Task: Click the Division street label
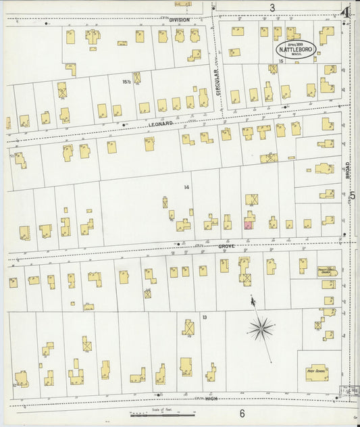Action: tap(180, 20)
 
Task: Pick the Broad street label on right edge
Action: tap(347, 168)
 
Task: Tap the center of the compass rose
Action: tap(260, 329)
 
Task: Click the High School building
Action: tap(316, 371)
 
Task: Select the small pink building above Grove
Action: tap(248, 226)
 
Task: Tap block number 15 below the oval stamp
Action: tap(280, 62)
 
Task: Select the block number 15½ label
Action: tap(126, 82)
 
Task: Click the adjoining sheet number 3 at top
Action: tap(272, 8)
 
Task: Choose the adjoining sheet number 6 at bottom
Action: tap(241, 413)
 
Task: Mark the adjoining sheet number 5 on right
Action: tap(353, 195)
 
